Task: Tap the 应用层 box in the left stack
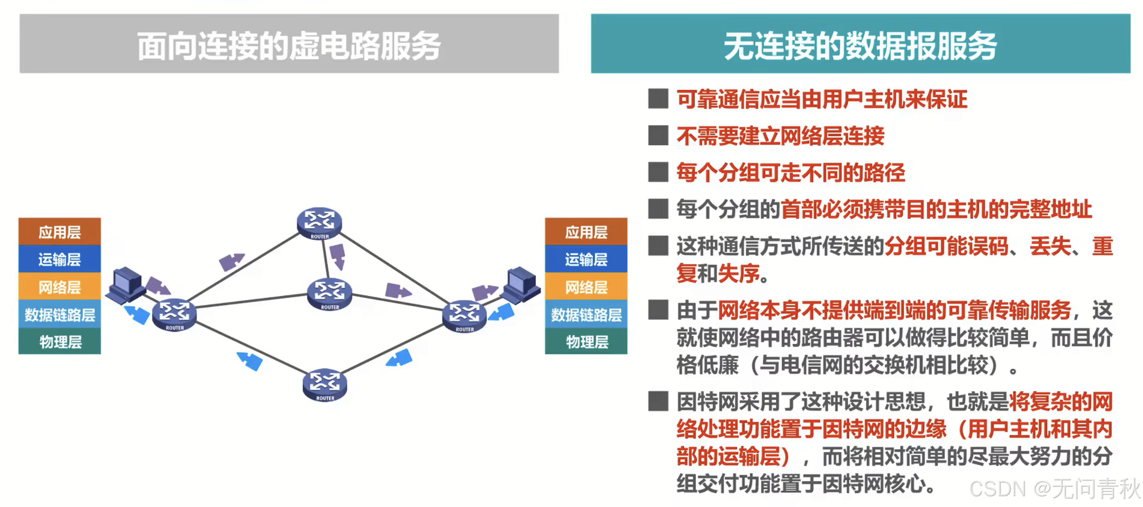[x=59, y=231]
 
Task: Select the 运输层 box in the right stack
[x=586, y=259]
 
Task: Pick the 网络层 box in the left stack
[x=59, y=286]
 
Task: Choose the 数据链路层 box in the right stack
[x=586, y=314]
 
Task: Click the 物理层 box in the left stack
[x=59, y=341]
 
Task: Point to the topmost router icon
[x=319, y=223]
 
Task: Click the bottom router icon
[x=325, y=384]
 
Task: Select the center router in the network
[x=330, y=293]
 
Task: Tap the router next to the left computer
[x=174, y=314]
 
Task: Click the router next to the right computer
[x=465, y=315]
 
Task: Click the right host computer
[x=522, y=284]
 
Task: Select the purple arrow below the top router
[x=338, y=256]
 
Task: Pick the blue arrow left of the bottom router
[x=250, y=360]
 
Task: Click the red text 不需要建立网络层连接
[x=780, y=136]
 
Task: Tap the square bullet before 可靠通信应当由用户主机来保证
[x=658, y=99]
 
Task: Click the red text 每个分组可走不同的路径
[x=790, y=172]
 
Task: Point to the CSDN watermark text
[x=1054, y=488]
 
